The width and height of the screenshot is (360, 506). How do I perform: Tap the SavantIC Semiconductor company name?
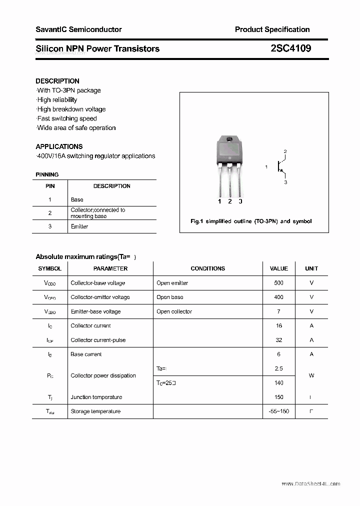[x=78, y=29]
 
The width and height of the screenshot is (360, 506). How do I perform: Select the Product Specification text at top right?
[x=272, y=29]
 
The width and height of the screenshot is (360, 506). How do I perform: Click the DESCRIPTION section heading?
[x=57, y=81]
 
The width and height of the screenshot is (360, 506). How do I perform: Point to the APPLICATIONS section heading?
[x=59, y=146]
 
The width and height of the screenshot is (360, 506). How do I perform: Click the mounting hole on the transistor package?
[x=229, y=139]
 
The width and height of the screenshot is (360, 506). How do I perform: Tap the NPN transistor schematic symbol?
[x=281, y=166]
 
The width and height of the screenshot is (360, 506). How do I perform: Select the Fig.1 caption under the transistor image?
[x=251, y=221]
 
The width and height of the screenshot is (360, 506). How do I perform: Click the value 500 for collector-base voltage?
[x=278, y=283]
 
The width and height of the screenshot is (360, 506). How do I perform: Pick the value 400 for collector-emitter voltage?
[x=278, y=297]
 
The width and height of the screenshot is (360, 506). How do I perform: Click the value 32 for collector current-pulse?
[x=278, y=340]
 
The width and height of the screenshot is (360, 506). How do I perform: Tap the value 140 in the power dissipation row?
[x=278, y=383]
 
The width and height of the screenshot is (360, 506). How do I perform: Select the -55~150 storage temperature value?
[x=278, y=411]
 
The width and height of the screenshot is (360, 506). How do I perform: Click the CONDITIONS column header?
[x=207, y=268]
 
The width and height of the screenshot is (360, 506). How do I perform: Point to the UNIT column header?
[x=311, y=268]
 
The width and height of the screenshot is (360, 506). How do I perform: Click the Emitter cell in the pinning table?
[x=79, y=226]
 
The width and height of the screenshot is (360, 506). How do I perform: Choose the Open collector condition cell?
[x=174, y=311]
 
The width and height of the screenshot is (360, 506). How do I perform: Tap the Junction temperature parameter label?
[x=96, y=397]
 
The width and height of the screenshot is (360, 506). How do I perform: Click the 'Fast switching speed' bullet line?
[x=67, y=118]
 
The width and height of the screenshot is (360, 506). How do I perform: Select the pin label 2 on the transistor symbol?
[x=285, y=151]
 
